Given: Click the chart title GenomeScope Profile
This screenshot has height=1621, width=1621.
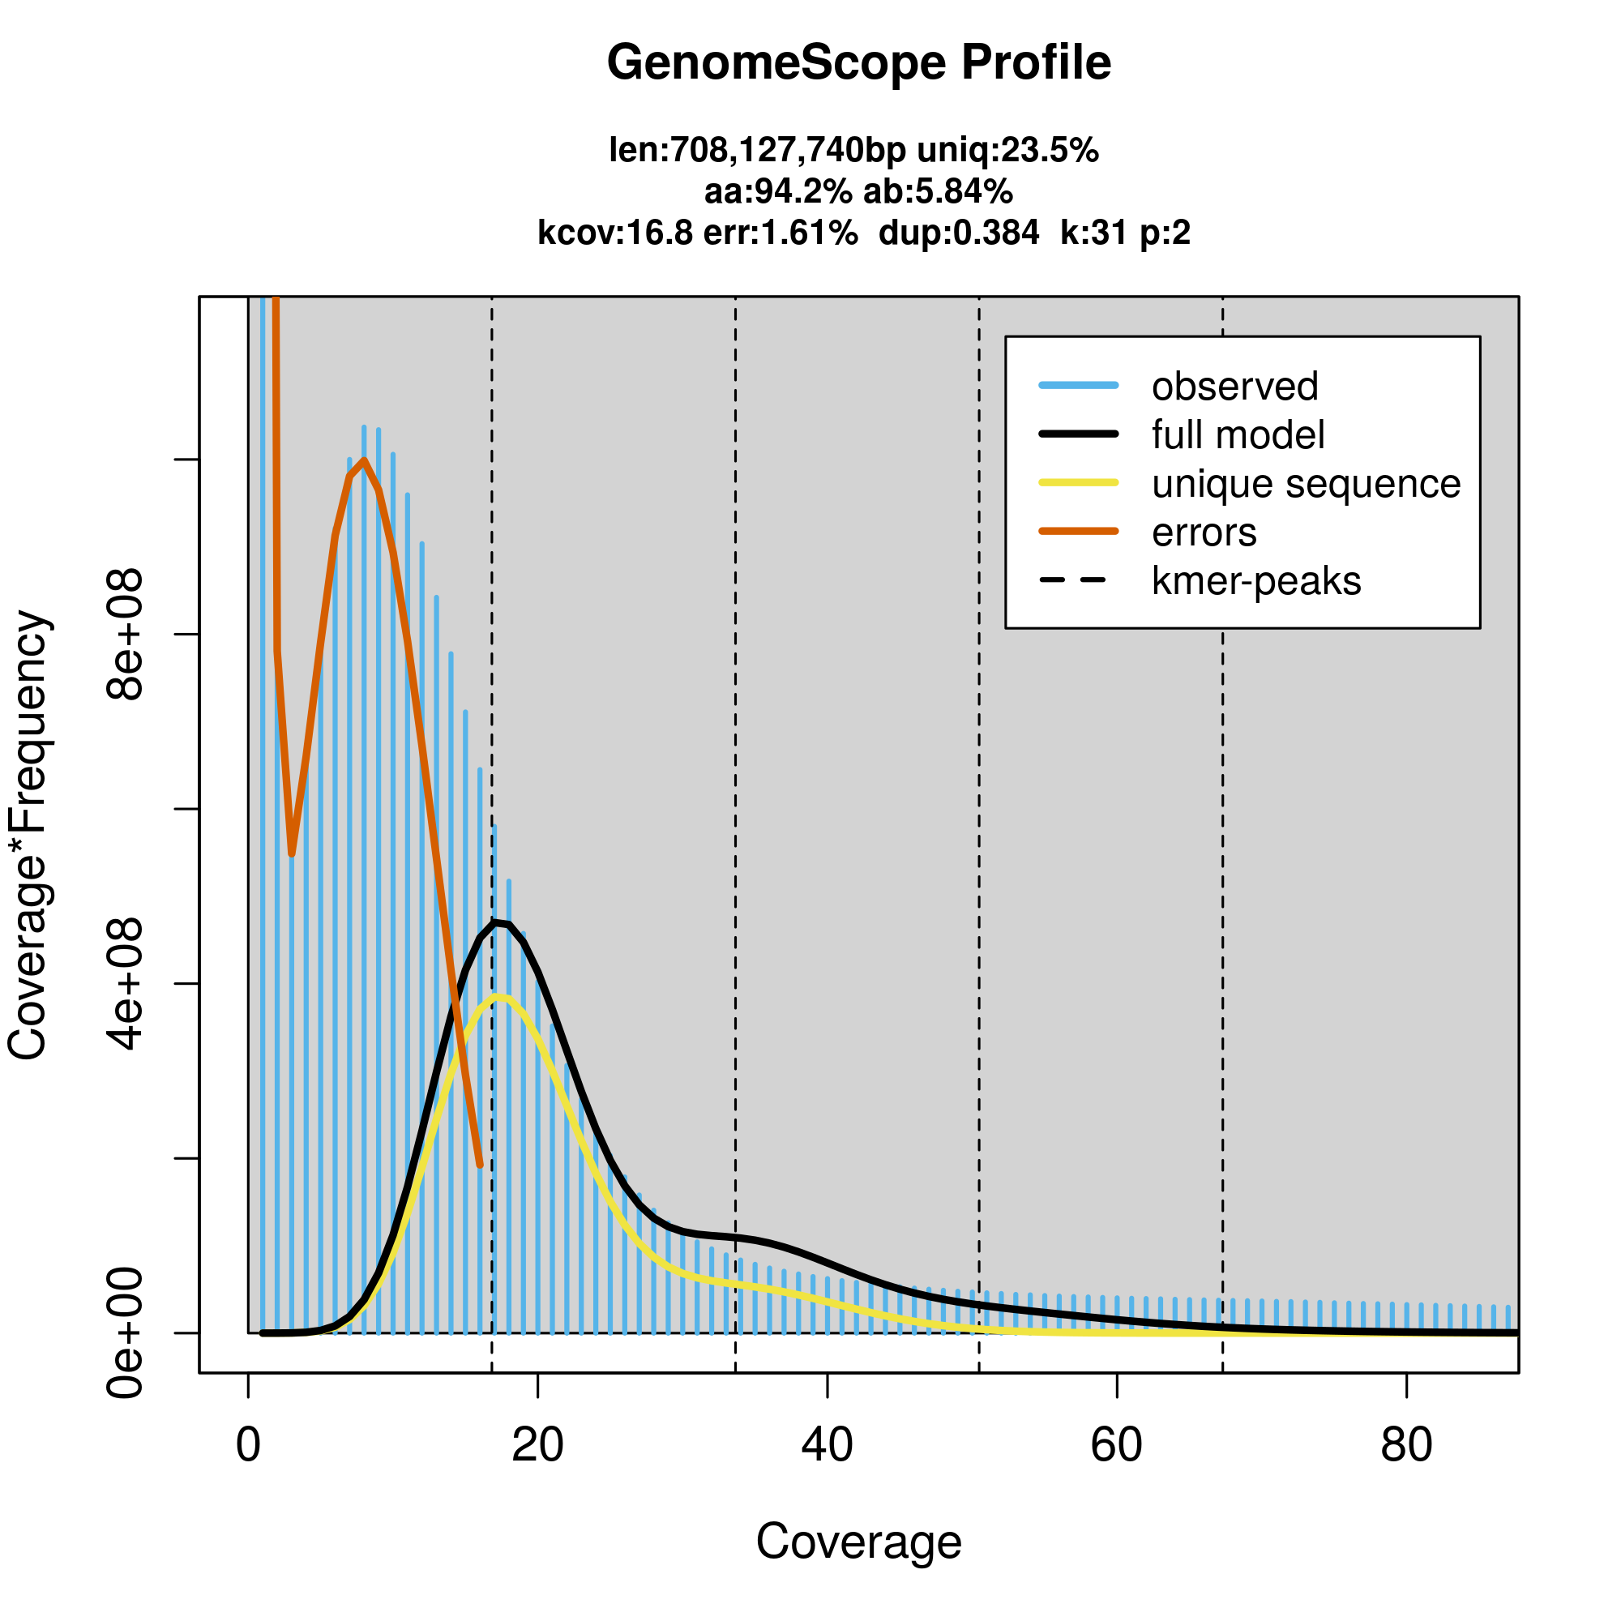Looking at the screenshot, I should point(858,63).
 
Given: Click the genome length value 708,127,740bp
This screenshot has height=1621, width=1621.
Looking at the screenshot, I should point(757,151).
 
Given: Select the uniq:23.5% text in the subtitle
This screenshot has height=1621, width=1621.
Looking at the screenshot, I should point(1007,151).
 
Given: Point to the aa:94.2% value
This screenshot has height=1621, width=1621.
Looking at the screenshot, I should point(777,192).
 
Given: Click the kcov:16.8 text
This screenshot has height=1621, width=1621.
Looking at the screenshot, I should point(615,233).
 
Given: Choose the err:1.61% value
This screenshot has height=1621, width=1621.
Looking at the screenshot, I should point(781,233).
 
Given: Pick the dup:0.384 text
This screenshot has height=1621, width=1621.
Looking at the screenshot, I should point(958,233).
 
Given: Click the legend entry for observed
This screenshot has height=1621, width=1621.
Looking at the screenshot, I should point(1234,387).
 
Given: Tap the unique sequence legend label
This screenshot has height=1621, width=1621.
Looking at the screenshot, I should point(1306,484).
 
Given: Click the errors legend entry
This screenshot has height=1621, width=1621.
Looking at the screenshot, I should point(1204,532).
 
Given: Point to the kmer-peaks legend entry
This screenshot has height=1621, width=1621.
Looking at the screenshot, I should point(1256,581).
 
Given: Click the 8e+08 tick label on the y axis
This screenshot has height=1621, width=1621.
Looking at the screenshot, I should point(124,635).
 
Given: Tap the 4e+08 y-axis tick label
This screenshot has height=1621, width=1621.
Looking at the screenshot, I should point(124,983).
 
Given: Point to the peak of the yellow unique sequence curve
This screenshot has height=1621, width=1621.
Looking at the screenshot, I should point(501,997).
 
